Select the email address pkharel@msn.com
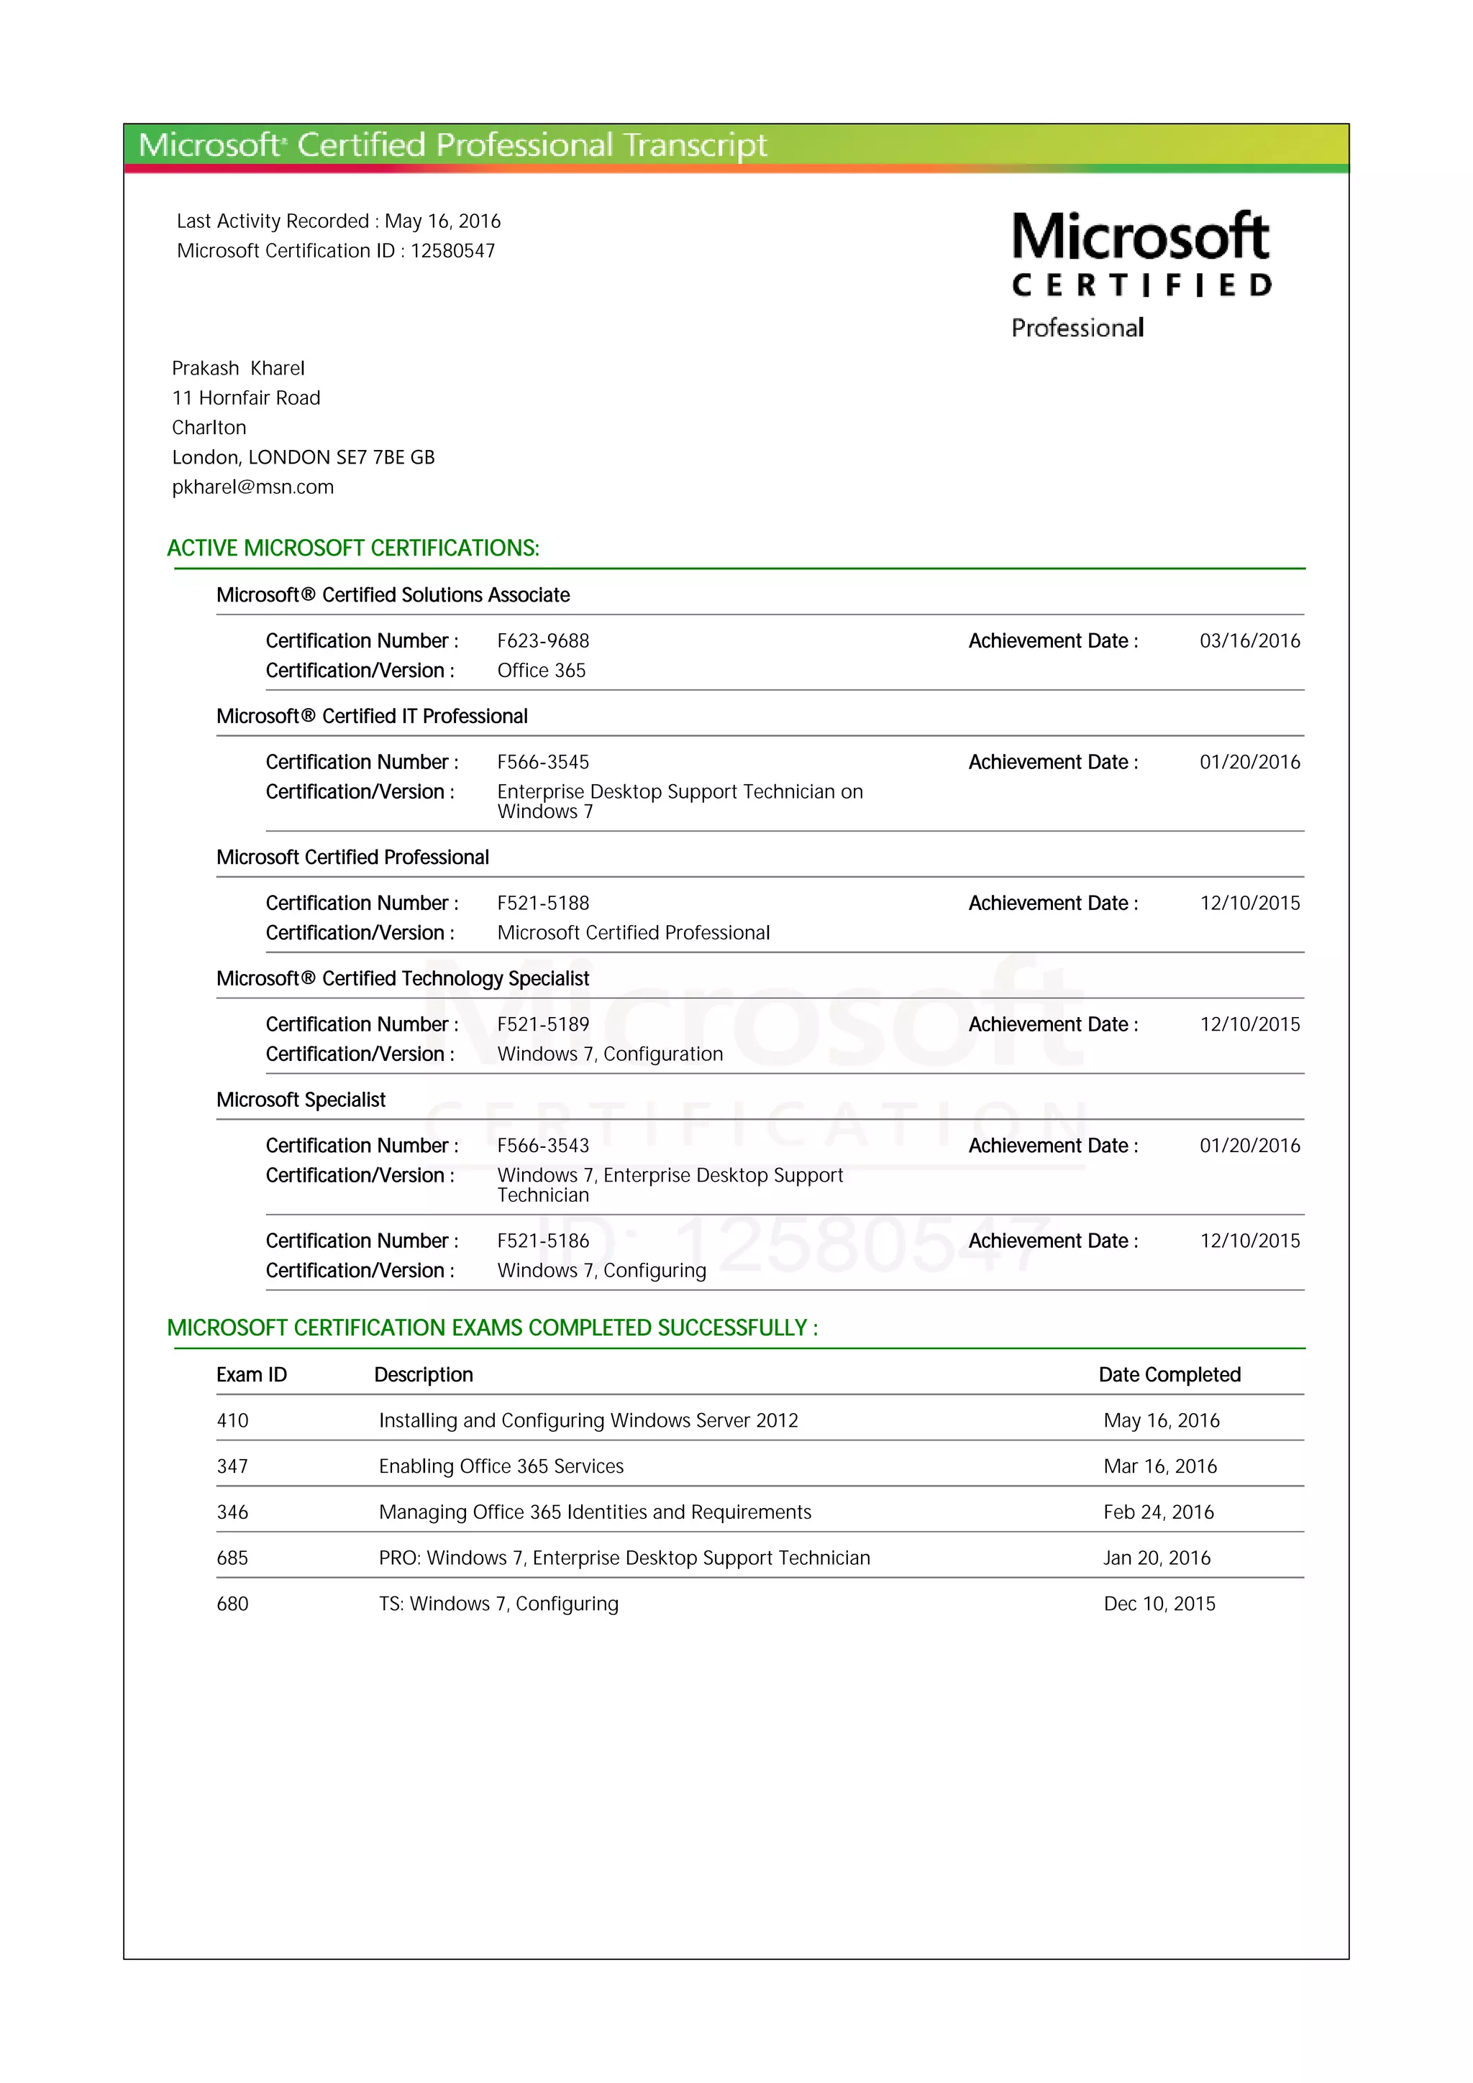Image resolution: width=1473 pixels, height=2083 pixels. pyautogui.click(x=252, y=487)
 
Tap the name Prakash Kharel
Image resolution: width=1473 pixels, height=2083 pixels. pyautogui.click(x=238, y=368)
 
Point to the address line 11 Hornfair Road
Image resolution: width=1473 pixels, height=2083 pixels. pyautogui.click(x=246, y=398)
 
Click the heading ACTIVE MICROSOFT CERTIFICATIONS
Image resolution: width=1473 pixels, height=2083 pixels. pyautogui.click(x=353, y=548)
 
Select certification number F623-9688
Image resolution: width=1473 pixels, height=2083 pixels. pyautogui.click(x=543, y=640)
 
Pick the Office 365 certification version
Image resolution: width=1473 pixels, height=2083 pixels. pyautogui.click(x=541, y=671)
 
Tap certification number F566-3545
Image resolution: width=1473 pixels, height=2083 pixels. pyautogui.click(x=543, y=762)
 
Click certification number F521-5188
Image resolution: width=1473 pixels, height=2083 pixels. pyautogui.click(x=543, y=903)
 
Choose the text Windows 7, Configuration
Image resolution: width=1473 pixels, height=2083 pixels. pyautogui.click(x=610, y=1054)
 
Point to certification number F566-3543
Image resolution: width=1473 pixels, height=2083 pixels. pyautogui.click(x=543, y=1146)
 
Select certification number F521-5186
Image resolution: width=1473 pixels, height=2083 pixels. pyautogui.click(x=543, y=1241)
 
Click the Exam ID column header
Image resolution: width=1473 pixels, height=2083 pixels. pyautogui.click(x=252, y=1374)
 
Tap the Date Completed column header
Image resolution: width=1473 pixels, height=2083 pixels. pyautogui.click(x=1169, y=1374)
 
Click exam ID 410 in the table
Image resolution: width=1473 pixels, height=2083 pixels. pyautogui.click(x=232, y=1421)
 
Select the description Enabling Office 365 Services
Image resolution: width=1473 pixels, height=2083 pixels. pyautogui.click(x=501, y=1466)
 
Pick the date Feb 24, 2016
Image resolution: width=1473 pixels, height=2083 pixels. pyautogui.click(x=1158, y=1512)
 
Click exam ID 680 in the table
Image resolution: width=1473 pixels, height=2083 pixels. pyautogui.click(x=232, y=1604)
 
